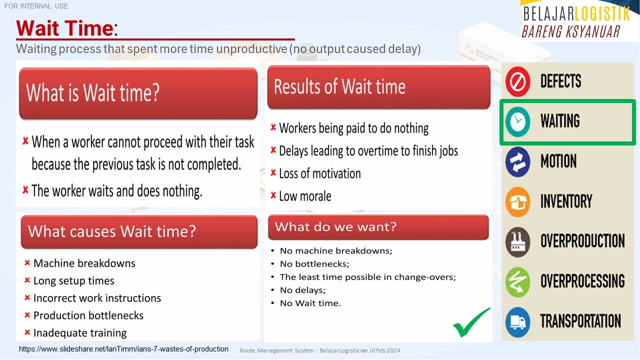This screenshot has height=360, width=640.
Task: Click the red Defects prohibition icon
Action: pos(517,81)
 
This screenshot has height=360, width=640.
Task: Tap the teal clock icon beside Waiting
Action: pos(517,121)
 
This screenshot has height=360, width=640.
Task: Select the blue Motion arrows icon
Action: pos(517,161)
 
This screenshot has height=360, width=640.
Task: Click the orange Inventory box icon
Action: pos(517,202)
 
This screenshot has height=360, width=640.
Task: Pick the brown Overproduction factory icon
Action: pos(517,242)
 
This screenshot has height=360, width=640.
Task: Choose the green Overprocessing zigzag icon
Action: pos(517,282)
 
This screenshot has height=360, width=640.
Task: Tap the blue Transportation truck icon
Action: pos(517,322)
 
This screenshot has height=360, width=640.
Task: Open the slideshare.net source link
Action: pos(123,349)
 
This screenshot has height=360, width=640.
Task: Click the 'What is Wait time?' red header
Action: pos(138,93)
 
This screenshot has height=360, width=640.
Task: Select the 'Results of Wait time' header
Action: pos(379,87)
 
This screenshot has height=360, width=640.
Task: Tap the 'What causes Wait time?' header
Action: pos(139,231)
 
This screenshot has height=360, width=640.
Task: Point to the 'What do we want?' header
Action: pos(378,227)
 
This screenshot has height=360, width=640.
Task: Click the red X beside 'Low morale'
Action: pos(273,195)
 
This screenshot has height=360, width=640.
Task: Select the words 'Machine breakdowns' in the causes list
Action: pos(84,263)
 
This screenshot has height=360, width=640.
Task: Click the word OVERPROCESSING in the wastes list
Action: pos(582,281)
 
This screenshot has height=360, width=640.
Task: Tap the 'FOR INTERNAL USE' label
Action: pos(36,6)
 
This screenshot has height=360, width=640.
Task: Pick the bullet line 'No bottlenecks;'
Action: pos(314,263)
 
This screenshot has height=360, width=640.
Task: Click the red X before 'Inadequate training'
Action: pos(27,332)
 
